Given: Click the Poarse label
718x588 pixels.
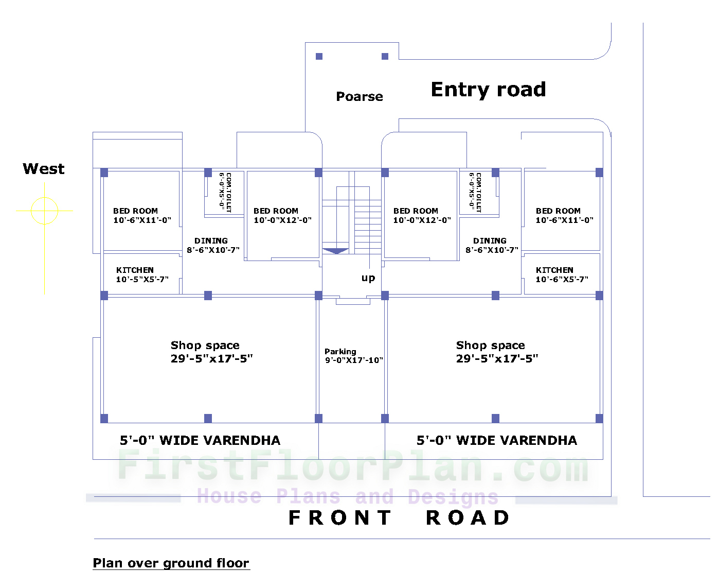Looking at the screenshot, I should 359,96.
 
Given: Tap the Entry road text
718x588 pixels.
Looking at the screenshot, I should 488,90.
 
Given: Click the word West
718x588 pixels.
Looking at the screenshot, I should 44,169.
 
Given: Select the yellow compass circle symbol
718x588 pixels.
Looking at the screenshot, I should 44,211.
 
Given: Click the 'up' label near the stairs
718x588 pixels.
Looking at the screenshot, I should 368,278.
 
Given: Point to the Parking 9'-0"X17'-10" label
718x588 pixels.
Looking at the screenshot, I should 353,356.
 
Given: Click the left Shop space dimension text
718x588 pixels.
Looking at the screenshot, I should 211,358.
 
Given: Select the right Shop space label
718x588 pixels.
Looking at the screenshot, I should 490,345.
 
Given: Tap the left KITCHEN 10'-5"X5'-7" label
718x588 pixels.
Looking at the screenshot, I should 142,274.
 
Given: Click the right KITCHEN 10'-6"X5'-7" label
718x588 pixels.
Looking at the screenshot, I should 562,274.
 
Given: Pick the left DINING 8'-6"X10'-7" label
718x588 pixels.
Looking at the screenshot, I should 212,245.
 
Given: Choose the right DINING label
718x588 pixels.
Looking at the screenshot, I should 491,245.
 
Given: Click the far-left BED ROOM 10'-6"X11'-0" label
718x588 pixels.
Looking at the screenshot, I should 142,215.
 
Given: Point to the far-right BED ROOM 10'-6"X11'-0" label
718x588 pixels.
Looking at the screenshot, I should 564,215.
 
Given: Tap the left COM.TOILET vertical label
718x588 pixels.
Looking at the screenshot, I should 225,192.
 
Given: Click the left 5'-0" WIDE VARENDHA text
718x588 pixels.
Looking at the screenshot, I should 200,440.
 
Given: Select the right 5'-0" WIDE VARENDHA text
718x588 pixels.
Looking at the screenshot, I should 496,440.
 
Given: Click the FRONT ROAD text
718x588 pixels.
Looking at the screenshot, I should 399,517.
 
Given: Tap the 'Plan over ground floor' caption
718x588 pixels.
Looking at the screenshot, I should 171,563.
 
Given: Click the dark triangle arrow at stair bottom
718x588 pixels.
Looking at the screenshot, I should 335,251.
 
